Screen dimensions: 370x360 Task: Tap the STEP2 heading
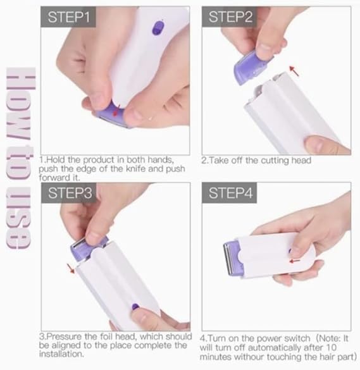pyautogui.click(x=232, y=17)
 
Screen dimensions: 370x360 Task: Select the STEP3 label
pyautogui.click(x=73, y=194)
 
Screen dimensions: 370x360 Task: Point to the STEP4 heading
pyautogui.click(x=232, y=194)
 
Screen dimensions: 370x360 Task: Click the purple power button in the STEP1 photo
pyautogui.click(x=156, y=28)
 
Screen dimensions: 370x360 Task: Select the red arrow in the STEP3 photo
pyautogui.click(x=71, y=268)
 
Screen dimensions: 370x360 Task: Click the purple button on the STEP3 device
pyautogui.click(x=135, y=307)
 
